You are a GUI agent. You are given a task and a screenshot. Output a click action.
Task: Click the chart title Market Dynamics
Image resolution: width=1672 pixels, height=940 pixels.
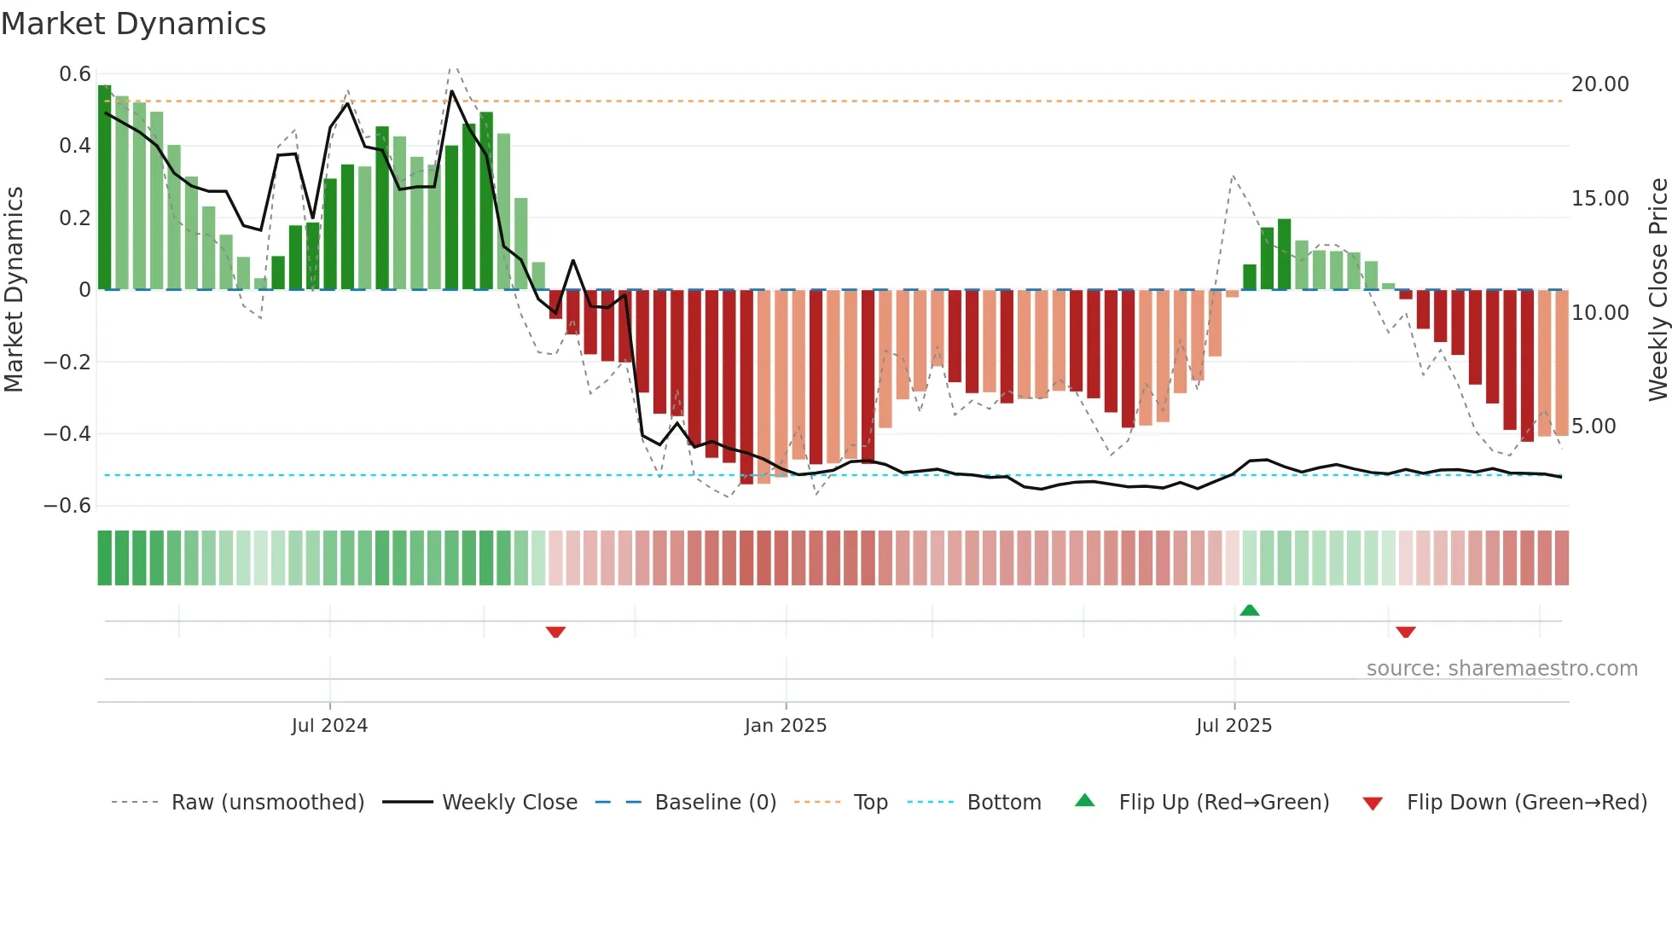tap(133, 24)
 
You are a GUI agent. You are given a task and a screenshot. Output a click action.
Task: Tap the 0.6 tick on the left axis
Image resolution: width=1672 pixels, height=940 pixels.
tap(75, 74)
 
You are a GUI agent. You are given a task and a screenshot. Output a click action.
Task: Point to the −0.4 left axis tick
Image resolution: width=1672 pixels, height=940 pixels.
tap(67, 434)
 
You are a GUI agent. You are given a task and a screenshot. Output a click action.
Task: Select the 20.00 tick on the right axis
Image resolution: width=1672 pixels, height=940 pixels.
tap(1599, 84)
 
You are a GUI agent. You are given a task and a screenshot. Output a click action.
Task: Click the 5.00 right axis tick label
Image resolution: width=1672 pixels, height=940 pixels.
tap(1594, 426)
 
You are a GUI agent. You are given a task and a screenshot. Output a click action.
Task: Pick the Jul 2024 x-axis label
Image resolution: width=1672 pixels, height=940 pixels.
tap(329, 726)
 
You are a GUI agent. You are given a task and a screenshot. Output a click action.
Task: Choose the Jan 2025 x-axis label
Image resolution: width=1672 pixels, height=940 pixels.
tap(785, 726)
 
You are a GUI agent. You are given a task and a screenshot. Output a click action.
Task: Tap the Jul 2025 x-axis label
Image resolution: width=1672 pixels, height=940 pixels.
tap(1234, 726)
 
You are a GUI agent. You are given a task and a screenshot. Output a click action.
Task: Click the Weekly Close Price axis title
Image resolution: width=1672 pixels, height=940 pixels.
tap(1657, 290)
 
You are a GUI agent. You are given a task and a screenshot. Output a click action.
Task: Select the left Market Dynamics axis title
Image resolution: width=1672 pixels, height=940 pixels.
tap(14, 290)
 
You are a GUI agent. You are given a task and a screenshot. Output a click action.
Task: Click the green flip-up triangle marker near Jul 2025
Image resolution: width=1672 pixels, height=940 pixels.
tap(1250, 610)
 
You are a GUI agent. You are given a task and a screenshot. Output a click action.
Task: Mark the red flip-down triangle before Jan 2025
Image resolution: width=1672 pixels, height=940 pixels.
tap(555, 632)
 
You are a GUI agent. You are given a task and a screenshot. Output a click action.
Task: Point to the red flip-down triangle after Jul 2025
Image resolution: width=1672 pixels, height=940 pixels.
tap(1406, 632)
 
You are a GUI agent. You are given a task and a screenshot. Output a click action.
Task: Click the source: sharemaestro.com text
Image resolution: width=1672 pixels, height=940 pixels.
tap(1501, 669)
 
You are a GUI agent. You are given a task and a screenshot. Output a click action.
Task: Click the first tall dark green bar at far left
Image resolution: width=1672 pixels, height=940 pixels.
tap(105, 188)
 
